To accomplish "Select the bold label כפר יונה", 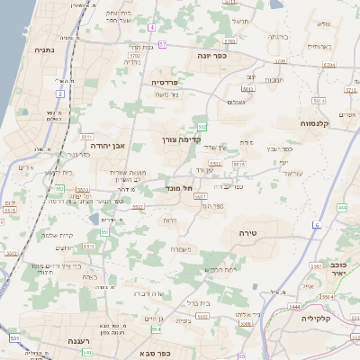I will click(x=213, y=55).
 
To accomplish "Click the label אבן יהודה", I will click(x=106, y=144).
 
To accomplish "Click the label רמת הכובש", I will click(x=220, y=269).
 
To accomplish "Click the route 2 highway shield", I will click(x=60, y=93).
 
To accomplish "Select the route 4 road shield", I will click(x=153, y=28).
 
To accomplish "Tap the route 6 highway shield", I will click(x=317, y=224).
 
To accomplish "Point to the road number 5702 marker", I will click(x=279, y=62).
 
